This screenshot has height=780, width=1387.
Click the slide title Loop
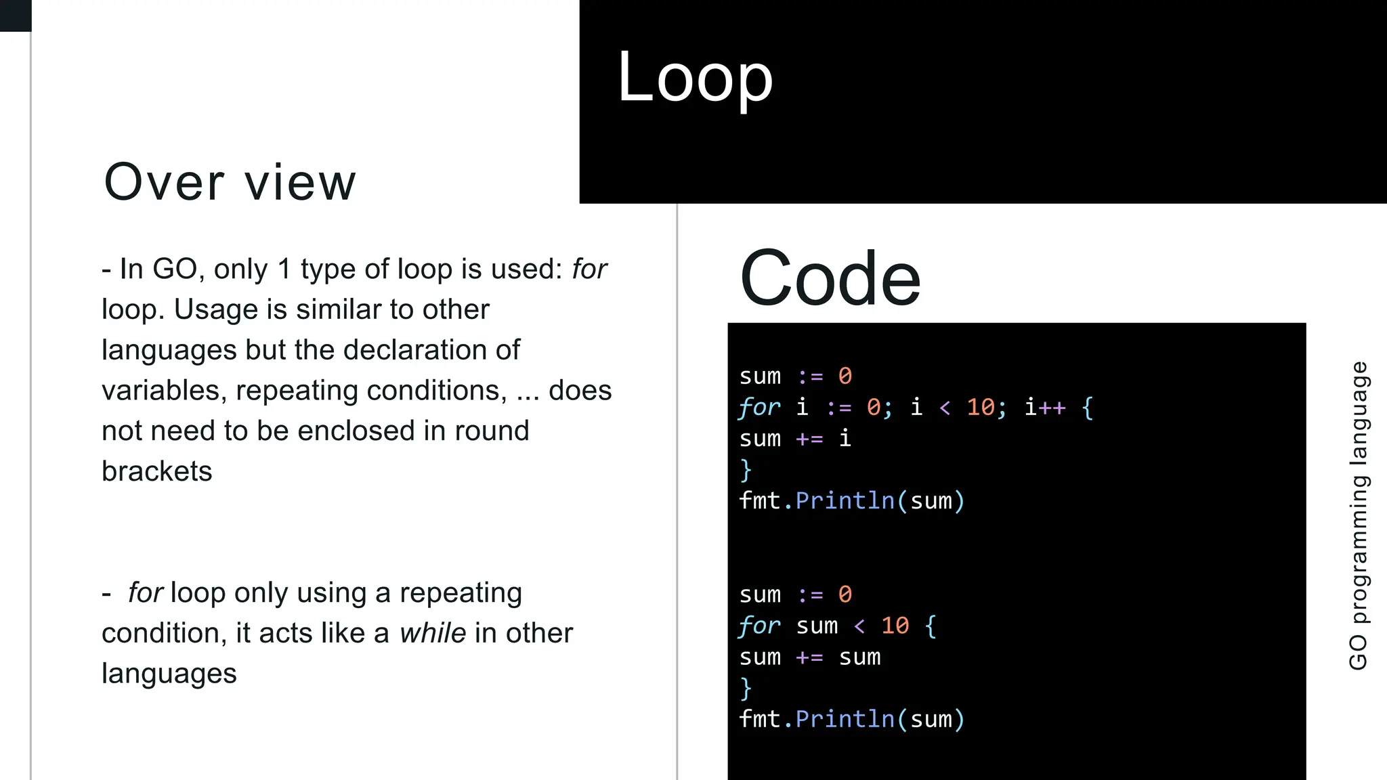click(x=695, y=79)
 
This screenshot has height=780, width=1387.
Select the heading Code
click(x=830, y=278)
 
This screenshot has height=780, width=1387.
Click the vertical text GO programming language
click(x=1358, y=515)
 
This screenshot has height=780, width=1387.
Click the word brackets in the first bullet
click(x=157, y=471)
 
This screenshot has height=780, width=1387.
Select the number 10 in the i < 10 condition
click(x=981, y=408)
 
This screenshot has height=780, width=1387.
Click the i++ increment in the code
click(x=1045, y=408)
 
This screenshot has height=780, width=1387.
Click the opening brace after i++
click(x=1088, y=408)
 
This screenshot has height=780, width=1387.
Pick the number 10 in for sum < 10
click(x=895, y=626)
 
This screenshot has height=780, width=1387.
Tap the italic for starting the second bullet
click(x=146, y=593)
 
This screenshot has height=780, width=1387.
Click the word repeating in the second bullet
click(x=461, y=593)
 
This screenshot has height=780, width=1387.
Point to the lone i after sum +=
click(x=845, y=439)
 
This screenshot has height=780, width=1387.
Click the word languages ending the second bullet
click(x=169, y=674)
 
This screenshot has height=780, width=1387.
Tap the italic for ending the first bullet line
click(x=589, y=269)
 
